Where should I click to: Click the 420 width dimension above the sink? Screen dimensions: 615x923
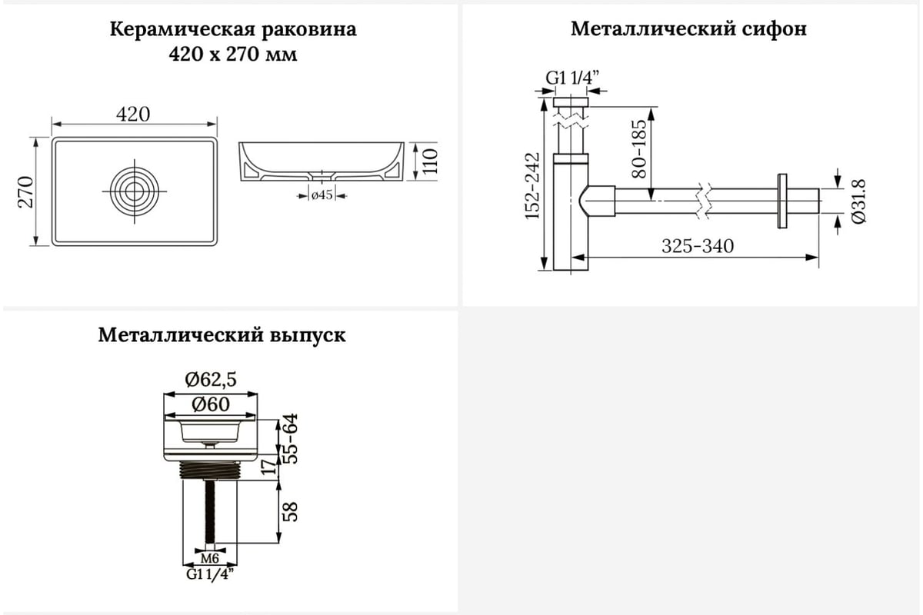133,114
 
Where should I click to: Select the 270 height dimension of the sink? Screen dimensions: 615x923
25,192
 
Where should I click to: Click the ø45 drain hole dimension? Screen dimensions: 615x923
322,195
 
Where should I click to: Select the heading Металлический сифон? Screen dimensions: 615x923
688,30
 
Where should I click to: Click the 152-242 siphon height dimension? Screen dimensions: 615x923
533,188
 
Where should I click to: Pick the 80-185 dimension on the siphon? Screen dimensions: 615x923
638,149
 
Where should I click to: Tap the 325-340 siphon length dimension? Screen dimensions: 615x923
698,246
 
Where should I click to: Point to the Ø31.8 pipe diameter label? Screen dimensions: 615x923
860,201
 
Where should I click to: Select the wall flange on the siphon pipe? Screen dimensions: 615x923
782,200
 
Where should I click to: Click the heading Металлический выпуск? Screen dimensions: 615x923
222,336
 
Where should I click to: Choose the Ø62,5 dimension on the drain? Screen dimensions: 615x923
210,379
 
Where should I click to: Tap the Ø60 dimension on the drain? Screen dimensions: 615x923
210,403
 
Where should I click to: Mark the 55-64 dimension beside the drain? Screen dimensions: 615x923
291,439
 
